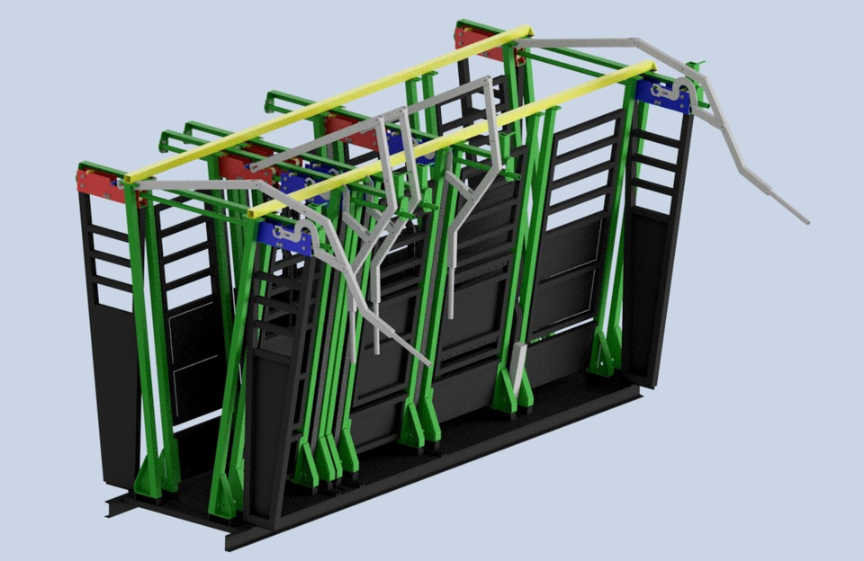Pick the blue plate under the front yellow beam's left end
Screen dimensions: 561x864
(284, 236)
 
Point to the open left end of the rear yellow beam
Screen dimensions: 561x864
(127, 178)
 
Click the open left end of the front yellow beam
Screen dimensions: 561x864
(253, 212)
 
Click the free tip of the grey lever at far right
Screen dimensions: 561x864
(805, 219)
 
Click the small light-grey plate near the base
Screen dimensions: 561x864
(518, 361)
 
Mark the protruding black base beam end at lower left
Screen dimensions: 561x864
(113, 507)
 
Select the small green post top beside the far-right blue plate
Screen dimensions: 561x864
(694, 67)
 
